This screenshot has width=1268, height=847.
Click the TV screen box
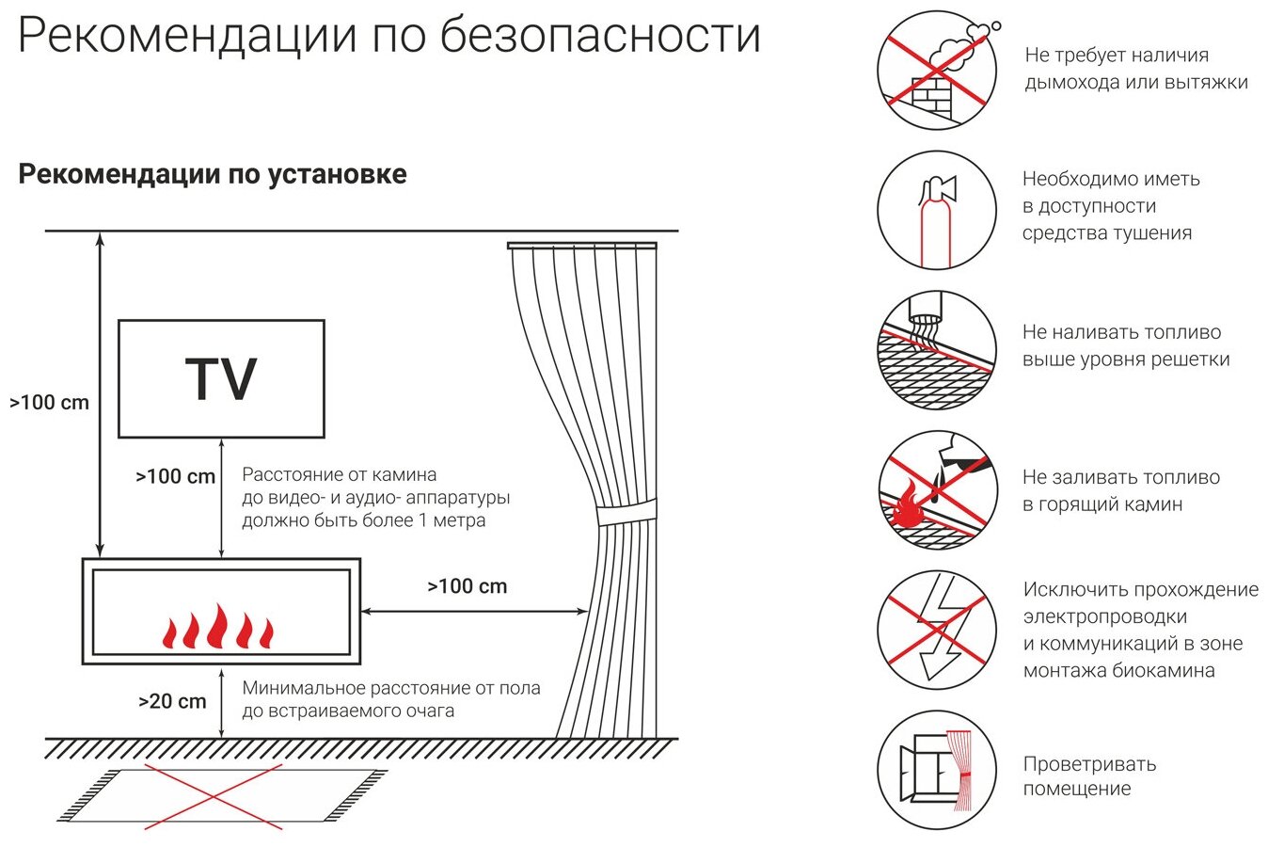(221, 378)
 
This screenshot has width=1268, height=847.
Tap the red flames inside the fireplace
(218, 628)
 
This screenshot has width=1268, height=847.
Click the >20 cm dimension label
(172, 701)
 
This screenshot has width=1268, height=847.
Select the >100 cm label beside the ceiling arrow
(49, 403)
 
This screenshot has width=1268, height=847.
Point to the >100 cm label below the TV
(176, 477)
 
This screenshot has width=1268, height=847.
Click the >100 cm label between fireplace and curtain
(467, 586)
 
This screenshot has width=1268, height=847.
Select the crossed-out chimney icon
(937, 71)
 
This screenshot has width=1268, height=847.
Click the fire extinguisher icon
(937, 210)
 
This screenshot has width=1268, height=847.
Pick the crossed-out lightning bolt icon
(937, 630)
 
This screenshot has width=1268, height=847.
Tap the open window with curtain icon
(937, 770)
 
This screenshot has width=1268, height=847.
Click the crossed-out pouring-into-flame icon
(937, 490)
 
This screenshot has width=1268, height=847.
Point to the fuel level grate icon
(937, 350)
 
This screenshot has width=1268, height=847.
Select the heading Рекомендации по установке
(213, 174)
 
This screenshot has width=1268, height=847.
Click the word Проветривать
(1089, 764)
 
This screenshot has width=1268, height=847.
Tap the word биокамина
(1161, 671)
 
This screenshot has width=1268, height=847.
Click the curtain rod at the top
(581, 246)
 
